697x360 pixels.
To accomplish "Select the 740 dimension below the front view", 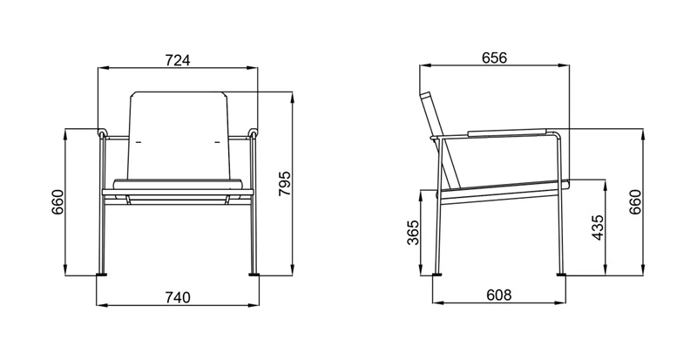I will tap(177, 297).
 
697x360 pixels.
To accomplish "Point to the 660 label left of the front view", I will tap(58, 202).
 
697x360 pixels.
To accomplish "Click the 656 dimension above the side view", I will tap(494, 58).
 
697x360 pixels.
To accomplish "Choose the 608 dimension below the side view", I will tap(497, 296).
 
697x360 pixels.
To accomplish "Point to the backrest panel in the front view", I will tap(179, 131).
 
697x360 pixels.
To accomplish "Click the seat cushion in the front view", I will tap(178, 184).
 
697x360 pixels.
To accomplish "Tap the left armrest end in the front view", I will tap(102, 134).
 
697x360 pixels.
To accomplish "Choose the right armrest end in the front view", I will tap(254, 134).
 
